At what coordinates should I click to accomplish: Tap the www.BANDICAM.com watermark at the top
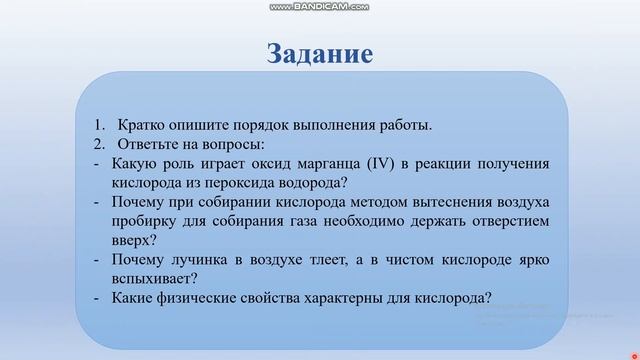[319, 7]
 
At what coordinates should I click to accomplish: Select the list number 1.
[99, 125]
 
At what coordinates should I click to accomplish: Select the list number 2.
[99, 144]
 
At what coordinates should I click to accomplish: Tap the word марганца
[316, 163]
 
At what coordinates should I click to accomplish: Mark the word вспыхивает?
[159, 278]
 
